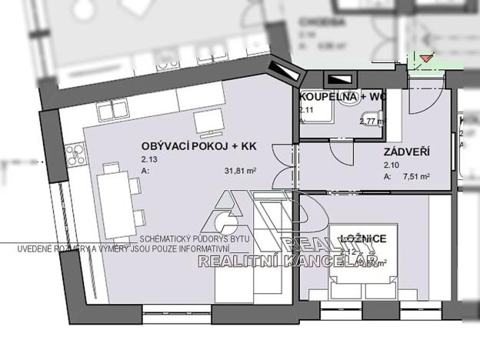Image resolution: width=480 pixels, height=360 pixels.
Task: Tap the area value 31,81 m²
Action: [x=240, y=171]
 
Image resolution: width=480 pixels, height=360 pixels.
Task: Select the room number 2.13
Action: [x=148, y=159]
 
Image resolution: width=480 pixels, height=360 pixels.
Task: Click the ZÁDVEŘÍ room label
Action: [x=406, y=152]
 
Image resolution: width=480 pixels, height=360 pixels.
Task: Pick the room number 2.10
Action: [x=391, y=165]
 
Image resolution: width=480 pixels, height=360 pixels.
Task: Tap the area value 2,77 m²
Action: [x=372, y=121]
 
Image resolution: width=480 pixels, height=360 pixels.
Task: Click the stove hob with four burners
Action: [x=75, y=154]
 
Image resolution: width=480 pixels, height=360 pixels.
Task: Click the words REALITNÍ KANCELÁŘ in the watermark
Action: [x=287, y=263]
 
